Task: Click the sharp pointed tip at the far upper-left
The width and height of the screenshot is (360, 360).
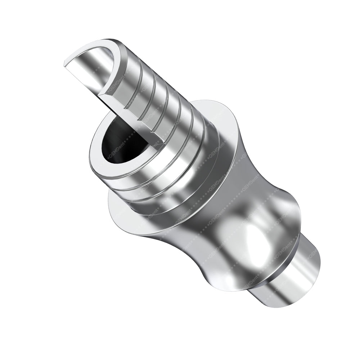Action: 65,64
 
